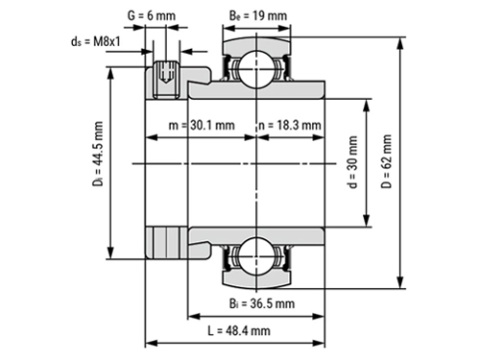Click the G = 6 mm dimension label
[152, 15]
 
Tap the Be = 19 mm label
[258, 15]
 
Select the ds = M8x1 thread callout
[96, 41]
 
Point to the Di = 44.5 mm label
[98, 154]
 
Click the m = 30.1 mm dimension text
[202, 125]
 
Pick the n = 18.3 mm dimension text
[290, 125]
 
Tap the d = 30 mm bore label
[352, 162]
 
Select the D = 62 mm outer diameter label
[386, 161]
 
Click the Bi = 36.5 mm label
[262, 303]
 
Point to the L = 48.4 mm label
[239, 330]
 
